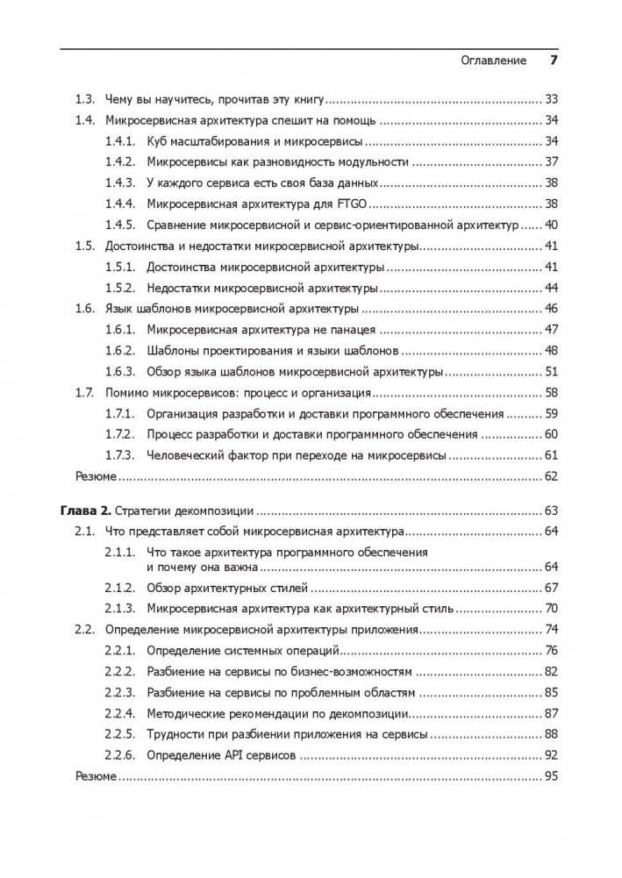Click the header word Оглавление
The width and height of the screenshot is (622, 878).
coord(493,61)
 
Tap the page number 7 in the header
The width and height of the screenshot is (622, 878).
coord(554,61)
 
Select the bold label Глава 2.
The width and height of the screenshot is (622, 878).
coord(86,510)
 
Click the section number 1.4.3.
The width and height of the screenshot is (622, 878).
coord(118,182)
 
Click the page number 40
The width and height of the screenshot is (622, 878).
coord(551,225)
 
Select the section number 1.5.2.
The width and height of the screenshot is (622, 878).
coord(118,288)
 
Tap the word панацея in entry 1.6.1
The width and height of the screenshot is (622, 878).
coord(350,330)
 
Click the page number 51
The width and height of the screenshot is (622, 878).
coord(551,371)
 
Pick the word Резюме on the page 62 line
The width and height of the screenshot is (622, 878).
coord(96,476)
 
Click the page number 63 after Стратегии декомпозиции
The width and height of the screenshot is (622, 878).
coord(551,510)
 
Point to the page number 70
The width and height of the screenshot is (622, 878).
coord(551,608)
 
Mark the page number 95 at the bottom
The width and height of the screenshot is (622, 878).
coord(551,776)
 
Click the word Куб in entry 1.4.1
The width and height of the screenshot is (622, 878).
coord(158,140)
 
